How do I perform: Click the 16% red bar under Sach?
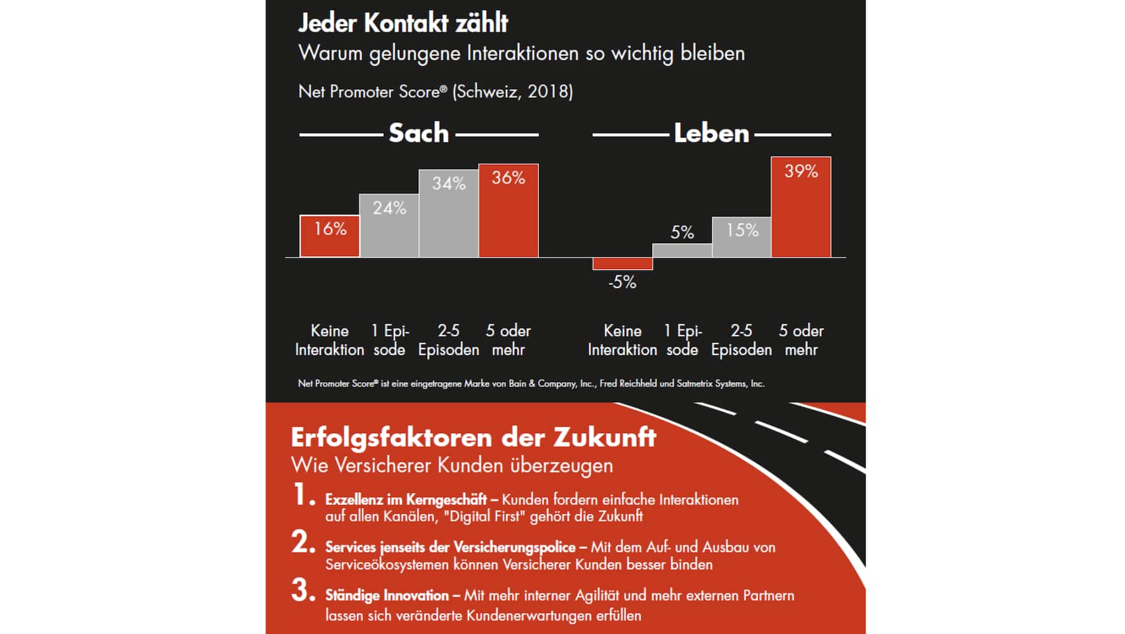coord(329,236)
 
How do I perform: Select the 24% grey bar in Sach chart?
coord(389,226)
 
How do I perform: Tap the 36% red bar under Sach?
coord(508,211)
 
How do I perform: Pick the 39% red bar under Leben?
coord(801,207)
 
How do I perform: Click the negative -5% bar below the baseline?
coord(622,263)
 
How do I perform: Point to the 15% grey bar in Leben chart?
coord(742,237)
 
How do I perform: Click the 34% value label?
coord(449,184)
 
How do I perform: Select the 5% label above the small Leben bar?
coord(682,233)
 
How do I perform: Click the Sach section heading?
coord(419,134)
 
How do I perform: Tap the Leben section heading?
coord(711,134)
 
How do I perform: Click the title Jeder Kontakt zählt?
coord(403,24)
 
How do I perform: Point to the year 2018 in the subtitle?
coord(548,92)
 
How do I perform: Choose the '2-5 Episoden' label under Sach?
coord(449,340)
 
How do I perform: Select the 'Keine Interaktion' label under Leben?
coord(622,340)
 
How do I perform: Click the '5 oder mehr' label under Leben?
coord(801,340)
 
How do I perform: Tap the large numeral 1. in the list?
coord(303,495)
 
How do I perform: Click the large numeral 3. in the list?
coord(303,591)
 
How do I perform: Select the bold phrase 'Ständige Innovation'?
coord(387,596)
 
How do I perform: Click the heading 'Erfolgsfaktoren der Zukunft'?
coord(474,438)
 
